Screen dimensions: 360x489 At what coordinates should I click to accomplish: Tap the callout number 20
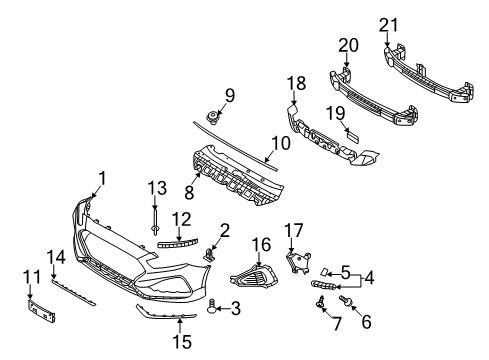pos(348,46)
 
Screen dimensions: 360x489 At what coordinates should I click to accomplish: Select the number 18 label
pos(297,84)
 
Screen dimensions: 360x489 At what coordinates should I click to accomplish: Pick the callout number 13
pos(155,189)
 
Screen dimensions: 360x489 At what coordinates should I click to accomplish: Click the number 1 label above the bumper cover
pos(100,180)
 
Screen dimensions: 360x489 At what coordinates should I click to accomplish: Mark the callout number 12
pos(181,219)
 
